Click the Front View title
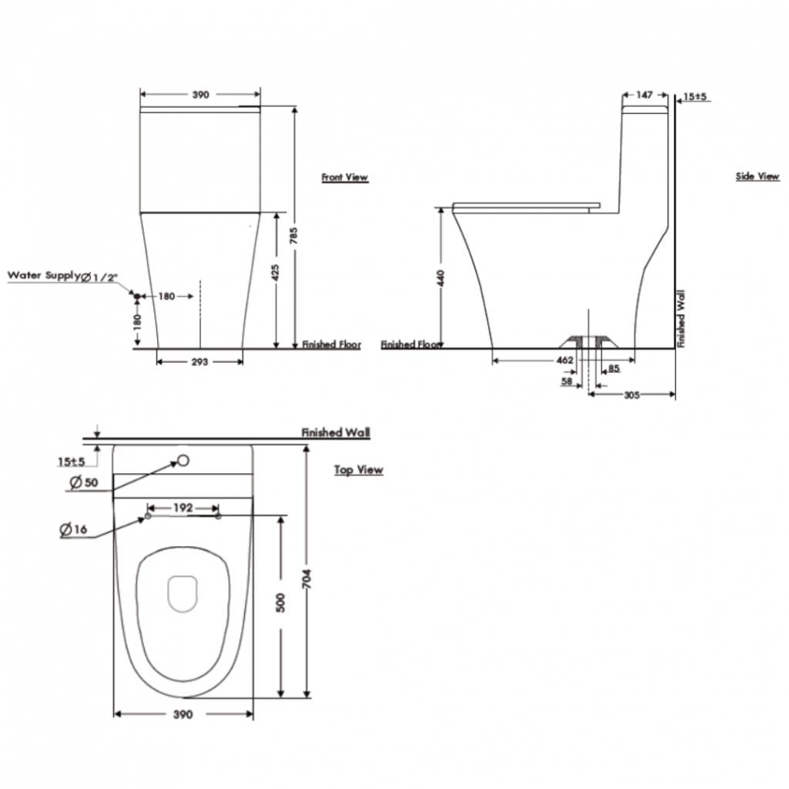[344, 177]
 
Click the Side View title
[757, 176]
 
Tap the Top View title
[359, 470]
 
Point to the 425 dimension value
[275, 272]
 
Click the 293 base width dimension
[200, 362]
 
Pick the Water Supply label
[44, 275]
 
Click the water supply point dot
[136, 296]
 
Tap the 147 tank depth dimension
[645, 95]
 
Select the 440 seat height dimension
[441, 278]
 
